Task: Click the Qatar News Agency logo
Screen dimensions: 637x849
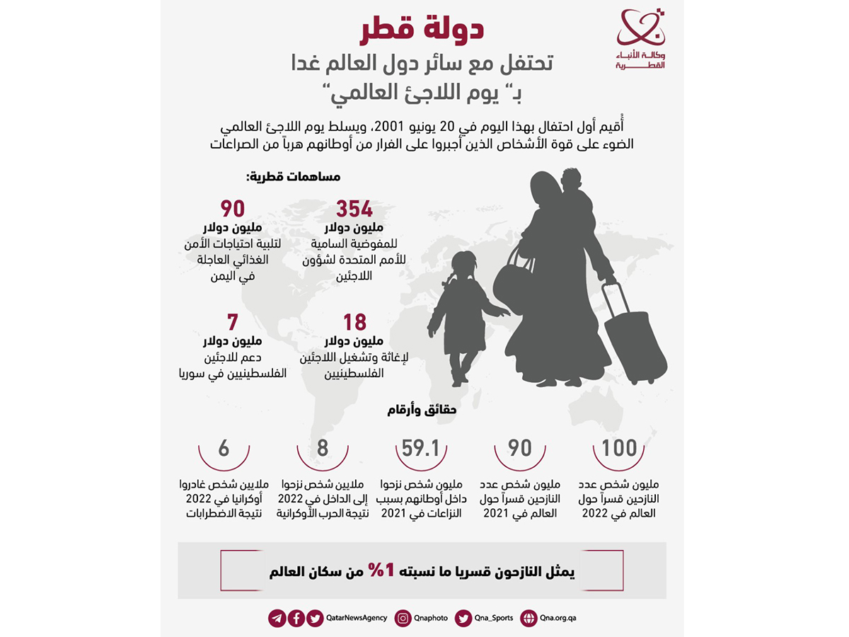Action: (x=641, y=39)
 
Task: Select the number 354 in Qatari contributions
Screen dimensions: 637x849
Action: (x=354, y=210)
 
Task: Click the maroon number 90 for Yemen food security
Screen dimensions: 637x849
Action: (x=232, y=210)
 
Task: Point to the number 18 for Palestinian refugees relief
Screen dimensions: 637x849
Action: (x=354, y=323)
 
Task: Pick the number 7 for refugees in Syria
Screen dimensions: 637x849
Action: (x=232, y=323)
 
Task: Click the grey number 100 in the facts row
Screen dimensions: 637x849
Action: (x=619, y=448)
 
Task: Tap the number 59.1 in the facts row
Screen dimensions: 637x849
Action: (x=421, y=448)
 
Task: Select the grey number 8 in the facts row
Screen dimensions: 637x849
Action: (x=323, y=448)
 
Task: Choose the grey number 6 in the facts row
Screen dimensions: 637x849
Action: (x=224, y=448)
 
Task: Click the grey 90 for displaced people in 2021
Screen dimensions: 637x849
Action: (x=520, y=448)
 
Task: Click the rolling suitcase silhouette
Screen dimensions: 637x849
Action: (x=633, y=336)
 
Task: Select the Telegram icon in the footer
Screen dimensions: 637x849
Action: (x=277, y=618)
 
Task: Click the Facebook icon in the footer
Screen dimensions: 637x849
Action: (x=296, y=618)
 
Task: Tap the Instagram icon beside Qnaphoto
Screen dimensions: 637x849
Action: (x=403, y=618)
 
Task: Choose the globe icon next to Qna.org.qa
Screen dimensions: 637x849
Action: (x=528, y=618)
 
